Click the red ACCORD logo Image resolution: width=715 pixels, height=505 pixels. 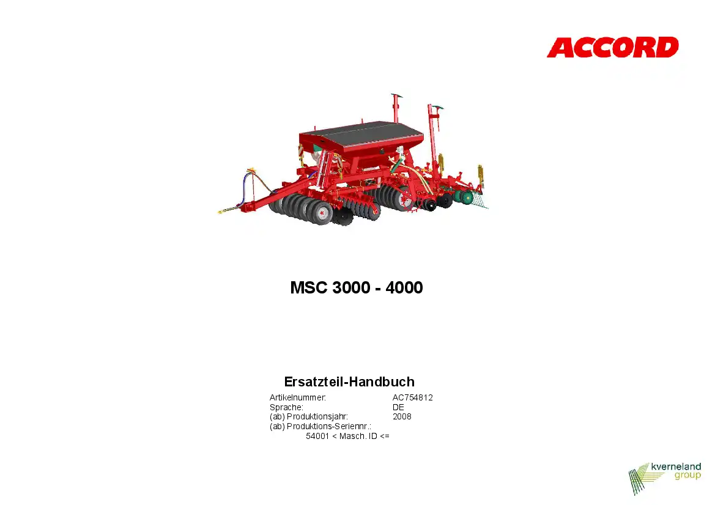[612, 48]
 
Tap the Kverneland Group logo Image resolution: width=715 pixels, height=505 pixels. [664, 478]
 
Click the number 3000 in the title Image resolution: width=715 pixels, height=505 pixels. [351, 287]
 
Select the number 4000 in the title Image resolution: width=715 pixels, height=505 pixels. [404, 287]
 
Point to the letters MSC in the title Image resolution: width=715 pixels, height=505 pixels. [309, 287]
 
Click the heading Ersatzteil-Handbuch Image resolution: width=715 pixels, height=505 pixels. [349, 382]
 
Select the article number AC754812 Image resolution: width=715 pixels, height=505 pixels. [413, 397]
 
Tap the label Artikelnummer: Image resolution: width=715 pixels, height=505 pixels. [298, 397]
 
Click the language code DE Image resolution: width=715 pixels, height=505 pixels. [398, 407]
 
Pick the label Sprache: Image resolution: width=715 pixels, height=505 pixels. [286, 407]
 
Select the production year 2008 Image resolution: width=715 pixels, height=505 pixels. [402, 416]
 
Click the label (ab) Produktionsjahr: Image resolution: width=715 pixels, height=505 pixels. [309, 416]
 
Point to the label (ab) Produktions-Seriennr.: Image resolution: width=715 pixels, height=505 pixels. [320, 427]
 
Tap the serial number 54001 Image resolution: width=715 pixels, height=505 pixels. [317, 436]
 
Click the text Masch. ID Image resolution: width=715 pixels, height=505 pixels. [358, 436]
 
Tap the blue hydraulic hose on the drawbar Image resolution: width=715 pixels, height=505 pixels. [244, 188]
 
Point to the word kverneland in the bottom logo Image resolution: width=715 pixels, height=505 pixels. [676, 466]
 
